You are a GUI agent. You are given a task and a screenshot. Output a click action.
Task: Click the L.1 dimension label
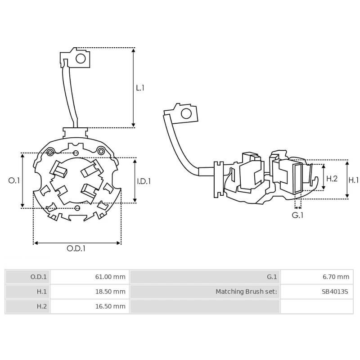click(140, 88)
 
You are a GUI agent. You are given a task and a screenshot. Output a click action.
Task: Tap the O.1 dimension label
click(14, 180)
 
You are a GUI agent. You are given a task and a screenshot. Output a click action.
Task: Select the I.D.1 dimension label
click(144, 181)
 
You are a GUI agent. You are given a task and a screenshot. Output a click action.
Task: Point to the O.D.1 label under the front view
click(76, 248)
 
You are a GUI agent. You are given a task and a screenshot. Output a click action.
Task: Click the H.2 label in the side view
click(332, 179)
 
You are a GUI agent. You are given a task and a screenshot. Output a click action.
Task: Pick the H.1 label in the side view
click(354, 180)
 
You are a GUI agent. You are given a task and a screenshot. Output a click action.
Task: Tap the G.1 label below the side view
click(297, 215)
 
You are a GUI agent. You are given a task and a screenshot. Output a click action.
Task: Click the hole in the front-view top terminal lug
click(81, 58)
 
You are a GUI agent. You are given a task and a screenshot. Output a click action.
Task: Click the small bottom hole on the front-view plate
click(77, 207)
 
